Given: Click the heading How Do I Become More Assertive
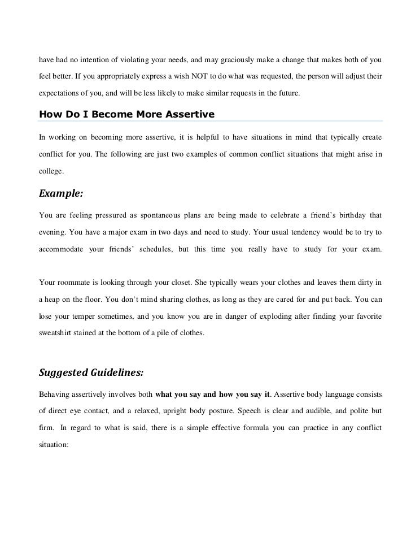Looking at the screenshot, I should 126,114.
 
